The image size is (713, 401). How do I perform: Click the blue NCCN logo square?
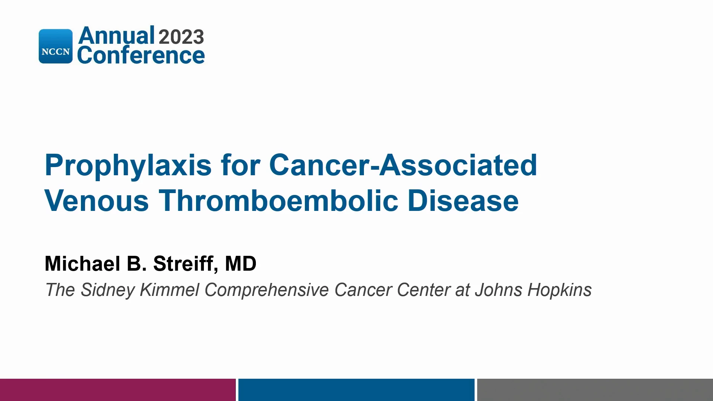[x=56, y=46]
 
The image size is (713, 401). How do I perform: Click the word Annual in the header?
[x=116, y=36]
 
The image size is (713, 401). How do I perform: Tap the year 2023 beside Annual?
[x=181, y=37]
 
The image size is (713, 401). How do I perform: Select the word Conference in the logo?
[x=141, y=55]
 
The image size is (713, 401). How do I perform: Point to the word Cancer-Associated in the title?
[x=403, y=165]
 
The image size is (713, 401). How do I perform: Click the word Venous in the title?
[x=97, y=200]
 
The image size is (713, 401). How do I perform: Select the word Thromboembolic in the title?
[x=279, y=200]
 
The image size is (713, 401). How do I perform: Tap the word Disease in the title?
[x=463, y=200]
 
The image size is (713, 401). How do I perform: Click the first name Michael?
[x=82, y=264]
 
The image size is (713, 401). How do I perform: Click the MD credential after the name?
[x=241, y=264]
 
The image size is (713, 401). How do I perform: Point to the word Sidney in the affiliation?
[x=108, y=290]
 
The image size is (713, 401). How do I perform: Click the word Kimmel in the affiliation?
[x=170, y=290]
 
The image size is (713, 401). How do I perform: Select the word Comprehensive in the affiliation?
[x=267, y=290]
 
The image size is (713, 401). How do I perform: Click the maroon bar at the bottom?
[x=118, y=390]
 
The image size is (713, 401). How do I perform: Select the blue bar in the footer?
[x=356, y=390]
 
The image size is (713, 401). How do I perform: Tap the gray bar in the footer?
[x=595, y=390]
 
